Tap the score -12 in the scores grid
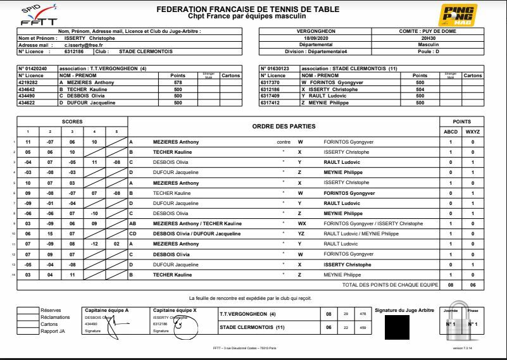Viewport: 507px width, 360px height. click(94, 243)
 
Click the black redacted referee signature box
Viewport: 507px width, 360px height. click(397, 327)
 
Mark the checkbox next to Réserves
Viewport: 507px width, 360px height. click(27, 310)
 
